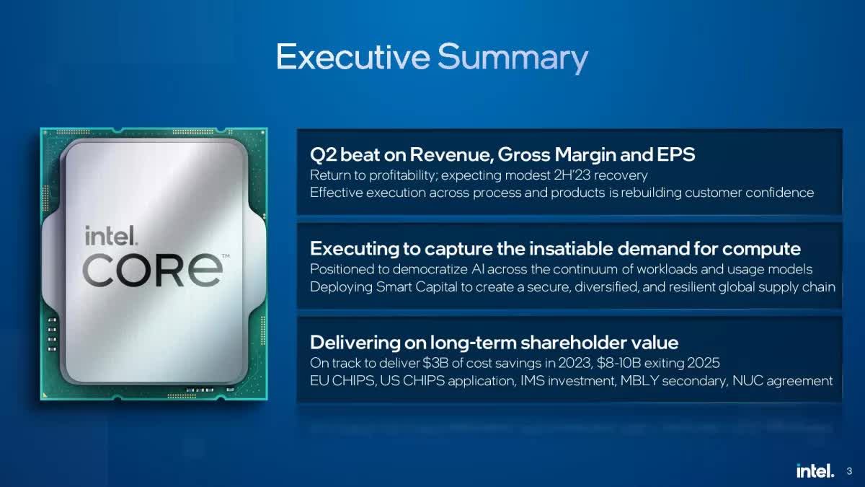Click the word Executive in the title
pyautogui.click(x=353, y=57)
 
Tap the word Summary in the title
pyautogui.click(x=513, y=58)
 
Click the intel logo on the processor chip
pyautogui.click(x=111, y=235)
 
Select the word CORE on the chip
pyautogui.click(x=153, y=270)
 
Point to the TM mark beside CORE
pyautogui.click(x=226, y=256)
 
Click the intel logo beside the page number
pyautogui.click(x=815, y=470)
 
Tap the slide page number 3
pyautogui.click(x=849, y=471)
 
